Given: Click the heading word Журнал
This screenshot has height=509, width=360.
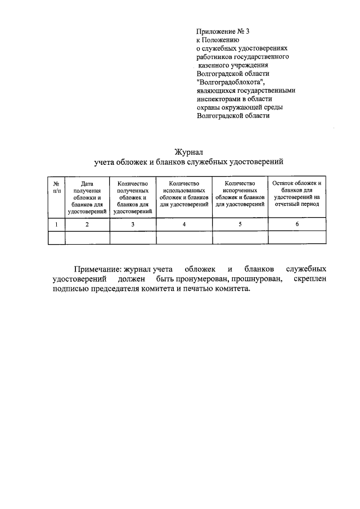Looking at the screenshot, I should coord(188,151).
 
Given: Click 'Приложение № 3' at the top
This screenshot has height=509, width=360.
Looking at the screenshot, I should coord(222,31).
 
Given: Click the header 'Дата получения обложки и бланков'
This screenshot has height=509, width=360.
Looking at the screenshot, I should coord(87,197).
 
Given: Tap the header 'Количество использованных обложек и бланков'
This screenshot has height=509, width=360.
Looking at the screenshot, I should coord(184,193).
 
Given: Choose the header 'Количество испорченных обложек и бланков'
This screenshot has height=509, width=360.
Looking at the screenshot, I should coord(240,193).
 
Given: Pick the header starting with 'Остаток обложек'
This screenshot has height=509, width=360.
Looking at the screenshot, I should coord(296,193).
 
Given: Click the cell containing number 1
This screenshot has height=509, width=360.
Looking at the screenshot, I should coord(56,224).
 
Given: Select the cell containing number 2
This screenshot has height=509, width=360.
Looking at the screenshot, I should coord(87,224).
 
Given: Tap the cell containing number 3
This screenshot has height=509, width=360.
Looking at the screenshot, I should coord(133,224).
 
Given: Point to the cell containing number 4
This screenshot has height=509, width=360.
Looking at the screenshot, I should coord(184,224).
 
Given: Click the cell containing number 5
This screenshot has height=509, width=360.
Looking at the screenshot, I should coord(240,224).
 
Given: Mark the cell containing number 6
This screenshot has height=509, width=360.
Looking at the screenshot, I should coord(296,224).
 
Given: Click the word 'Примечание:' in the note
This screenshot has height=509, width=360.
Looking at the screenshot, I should coord(98,269).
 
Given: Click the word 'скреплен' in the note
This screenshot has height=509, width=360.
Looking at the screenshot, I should coord(309,279).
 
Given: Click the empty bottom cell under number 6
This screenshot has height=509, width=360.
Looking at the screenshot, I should coord(296,238).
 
